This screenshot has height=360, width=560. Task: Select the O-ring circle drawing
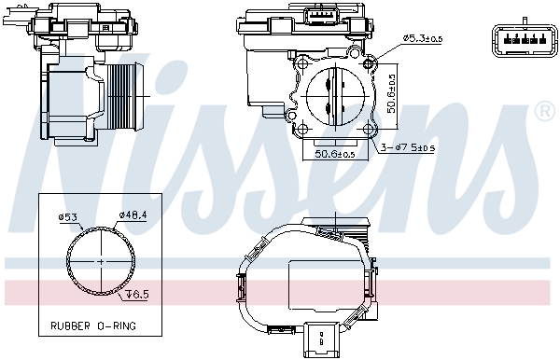[98, 259]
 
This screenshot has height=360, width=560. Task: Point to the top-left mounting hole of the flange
[301, 62]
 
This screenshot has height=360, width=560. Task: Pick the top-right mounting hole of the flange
[371, 62]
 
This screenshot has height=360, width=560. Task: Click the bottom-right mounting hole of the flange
[371, 129]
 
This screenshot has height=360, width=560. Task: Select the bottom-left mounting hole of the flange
[301, 129]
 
